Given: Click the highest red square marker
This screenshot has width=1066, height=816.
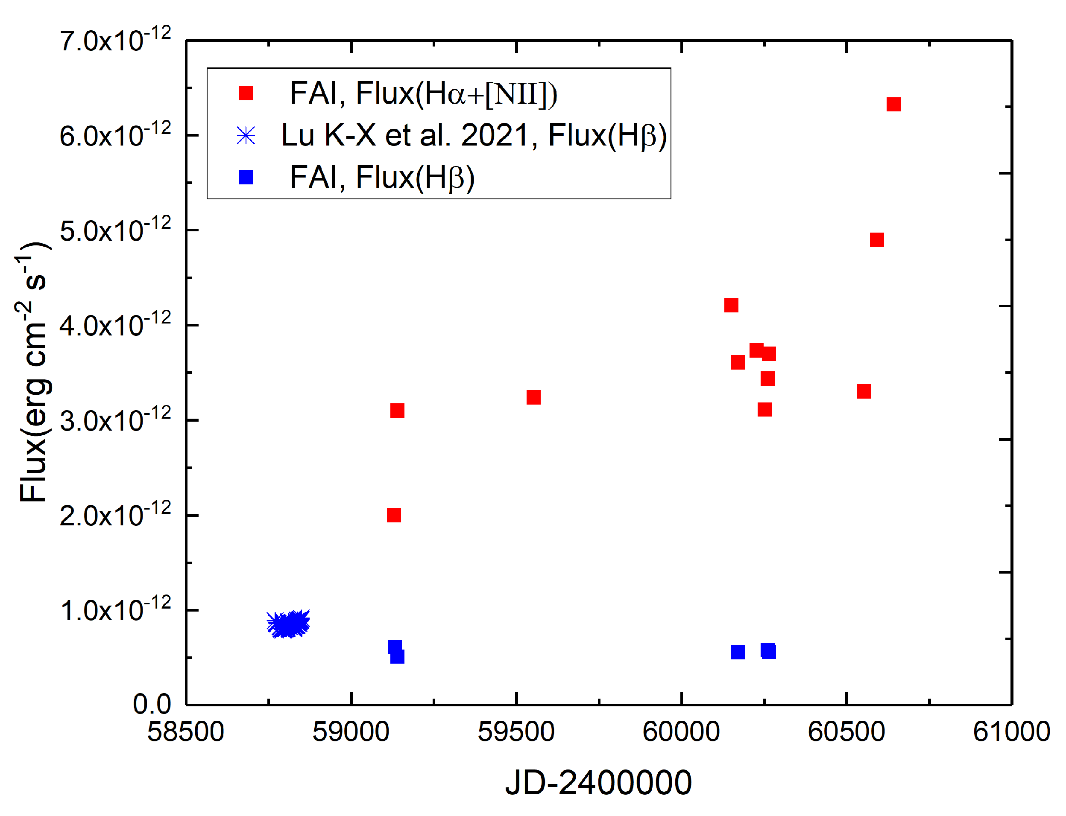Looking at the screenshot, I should tap(893, 105).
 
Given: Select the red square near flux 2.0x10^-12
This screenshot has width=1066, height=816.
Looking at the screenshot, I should tap(394, 515).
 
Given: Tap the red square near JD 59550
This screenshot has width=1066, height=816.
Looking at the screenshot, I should tap(533, 397).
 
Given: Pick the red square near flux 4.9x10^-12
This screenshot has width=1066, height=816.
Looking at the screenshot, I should tap(876, 240).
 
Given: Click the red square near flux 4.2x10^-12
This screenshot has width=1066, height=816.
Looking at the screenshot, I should tap(731, 305).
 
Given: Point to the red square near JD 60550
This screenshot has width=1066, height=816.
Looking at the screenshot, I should tap(863, 391).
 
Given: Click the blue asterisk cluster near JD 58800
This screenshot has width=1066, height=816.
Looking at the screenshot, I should tap(288, 624).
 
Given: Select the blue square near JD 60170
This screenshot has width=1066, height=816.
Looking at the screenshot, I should tap(738, 652).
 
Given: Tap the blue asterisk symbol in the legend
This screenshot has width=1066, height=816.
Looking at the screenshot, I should tap(246, 136).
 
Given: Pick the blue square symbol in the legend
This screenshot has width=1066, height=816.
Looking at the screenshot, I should tap(246, 178).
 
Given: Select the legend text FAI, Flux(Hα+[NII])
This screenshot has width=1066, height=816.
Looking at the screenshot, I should tap(423, 93).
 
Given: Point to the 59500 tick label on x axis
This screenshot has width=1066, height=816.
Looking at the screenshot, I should tap(516, 732).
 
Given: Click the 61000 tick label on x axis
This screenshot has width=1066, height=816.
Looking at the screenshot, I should tap(1011, 732).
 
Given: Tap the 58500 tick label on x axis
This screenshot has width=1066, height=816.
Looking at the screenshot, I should tap(186, 732).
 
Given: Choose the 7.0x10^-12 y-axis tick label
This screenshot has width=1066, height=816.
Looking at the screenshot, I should tap(115, 41).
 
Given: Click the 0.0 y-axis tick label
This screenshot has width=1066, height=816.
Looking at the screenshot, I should tap(152, 704).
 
